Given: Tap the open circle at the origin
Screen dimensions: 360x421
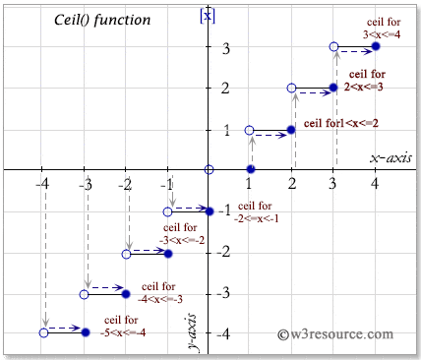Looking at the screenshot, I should click(x=209, y=170).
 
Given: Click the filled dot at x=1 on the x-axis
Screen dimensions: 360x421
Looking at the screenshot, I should click(x=250, y=171).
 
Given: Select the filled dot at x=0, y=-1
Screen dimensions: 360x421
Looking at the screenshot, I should click(x=209, y=210).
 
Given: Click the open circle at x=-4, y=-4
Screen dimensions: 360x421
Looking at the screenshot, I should click(x=43, y=332).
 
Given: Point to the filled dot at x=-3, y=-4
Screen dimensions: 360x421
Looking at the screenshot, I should click(x=85, y=332).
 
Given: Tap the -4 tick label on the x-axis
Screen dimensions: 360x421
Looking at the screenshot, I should click(x=41, y=185).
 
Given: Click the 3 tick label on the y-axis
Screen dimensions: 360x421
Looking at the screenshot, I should click(x=224, y=47).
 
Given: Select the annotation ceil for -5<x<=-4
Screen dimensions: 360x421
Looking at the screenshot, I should click(x=126, y=325).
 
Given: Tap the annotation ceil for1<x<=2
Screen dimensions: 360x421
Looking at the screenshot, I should click(x=340, y=123).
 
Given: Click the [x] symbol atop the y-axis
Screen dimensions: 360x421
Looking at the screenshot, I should click(x=207, y=14).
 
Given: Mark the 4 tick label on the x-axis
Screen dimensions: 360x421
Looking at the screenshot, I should click(x=374, y=185).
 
